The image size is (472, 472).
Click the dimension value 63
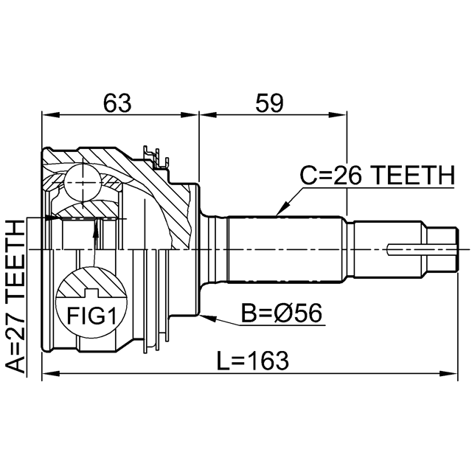click(x=117, y=103)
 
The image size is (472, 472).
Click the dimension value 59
click(x=269, y=103)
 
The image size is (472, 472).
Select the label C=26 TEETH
click(x=378, y=176)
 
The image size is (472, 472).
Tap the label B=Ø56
click(x=282, y=313)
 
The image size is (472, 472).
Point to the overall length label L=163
click(x=252, y=361)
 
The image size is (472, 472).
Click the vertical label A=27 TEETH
click(x=15, y=296)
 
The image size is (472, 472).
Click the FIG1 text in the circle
click(x=91, y=316)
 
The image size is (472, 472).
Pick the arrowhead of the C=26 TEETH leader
click(x=282, y=209)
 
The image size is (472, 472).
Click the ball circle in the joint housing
click(x=83, y=183)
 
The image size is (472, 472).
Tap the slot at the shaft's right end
click(x=421, y=249)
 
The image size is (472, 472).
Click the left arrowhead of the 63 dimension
click(x=51, y=115)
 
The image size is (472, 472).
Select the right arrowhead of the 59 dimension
click(x=338, y=115)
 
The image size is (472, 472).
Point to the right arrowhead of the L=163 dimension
click(x=448, y=374)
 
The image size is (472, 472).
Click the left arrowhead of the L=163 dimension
click(x=51, y=374)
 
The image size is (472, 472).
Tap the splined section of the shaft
click(x=285, y=249)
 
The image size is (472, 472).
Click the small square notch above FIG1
click(x=91, y=293)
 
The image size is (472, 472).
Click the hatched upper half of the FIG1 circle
click(x=91, y=282)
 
